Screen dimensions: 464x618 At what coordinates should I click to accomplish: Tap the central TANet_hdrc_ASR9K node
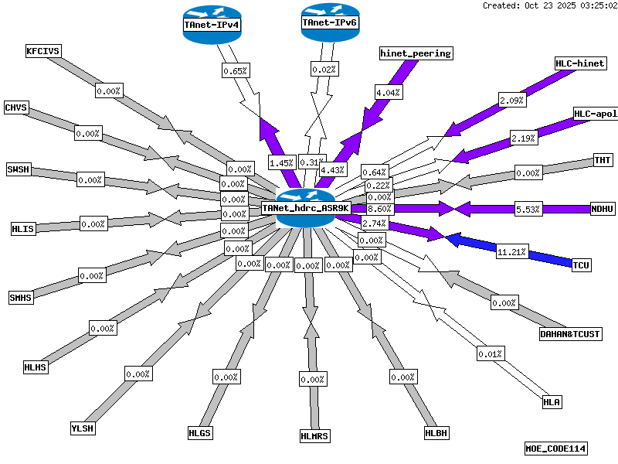pyautogui.click(x=306, y=208)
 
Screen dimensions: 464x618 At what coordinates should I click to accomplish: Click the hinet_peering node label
pyautogui.click(x=416, y=53)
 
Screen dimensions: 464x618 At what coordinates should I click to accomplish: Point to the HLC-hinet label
pyautogui.click(x=580, y=63)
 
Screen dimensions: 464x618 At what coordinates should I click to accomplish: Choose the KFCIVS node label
pyautogui.click(x=43, y=51)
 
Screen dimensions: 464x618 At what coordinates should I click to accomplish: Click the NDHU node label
pyautogui.click(x=602, y=209)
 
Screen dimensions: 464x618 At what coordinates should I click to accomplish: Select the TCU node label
pyautogui.click(x=581, y=265)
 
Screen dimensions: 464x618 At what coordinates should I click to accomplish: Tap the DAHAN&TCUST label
pyautogui.click(x=570, y=334)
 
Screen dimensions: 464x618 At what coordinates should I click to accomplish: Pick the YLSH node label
pyautogui.click(x=81, y=428)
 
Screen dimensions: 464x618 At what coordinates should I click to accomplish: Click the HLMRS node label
pyautogui.click(x=314, y=436)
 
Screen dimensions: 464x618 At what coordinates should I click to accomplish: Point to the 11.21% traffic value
pyautogui.click(x=511, y=252)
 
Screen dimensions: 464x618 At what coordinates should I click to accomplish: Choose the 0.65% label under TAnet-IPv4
pyautogui.click(x=235, y=70)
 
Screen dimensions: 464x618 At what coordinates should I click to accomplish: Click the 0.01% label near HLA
pyautogui.click(x=490, y=354)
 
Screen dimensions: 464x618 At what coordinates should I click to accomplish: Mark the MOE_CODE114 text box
pyautogui.click(x=556, y=449)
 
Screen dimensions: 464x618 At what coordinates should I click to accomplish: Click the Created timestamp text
pyautogui.click(x=549, y=5)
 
